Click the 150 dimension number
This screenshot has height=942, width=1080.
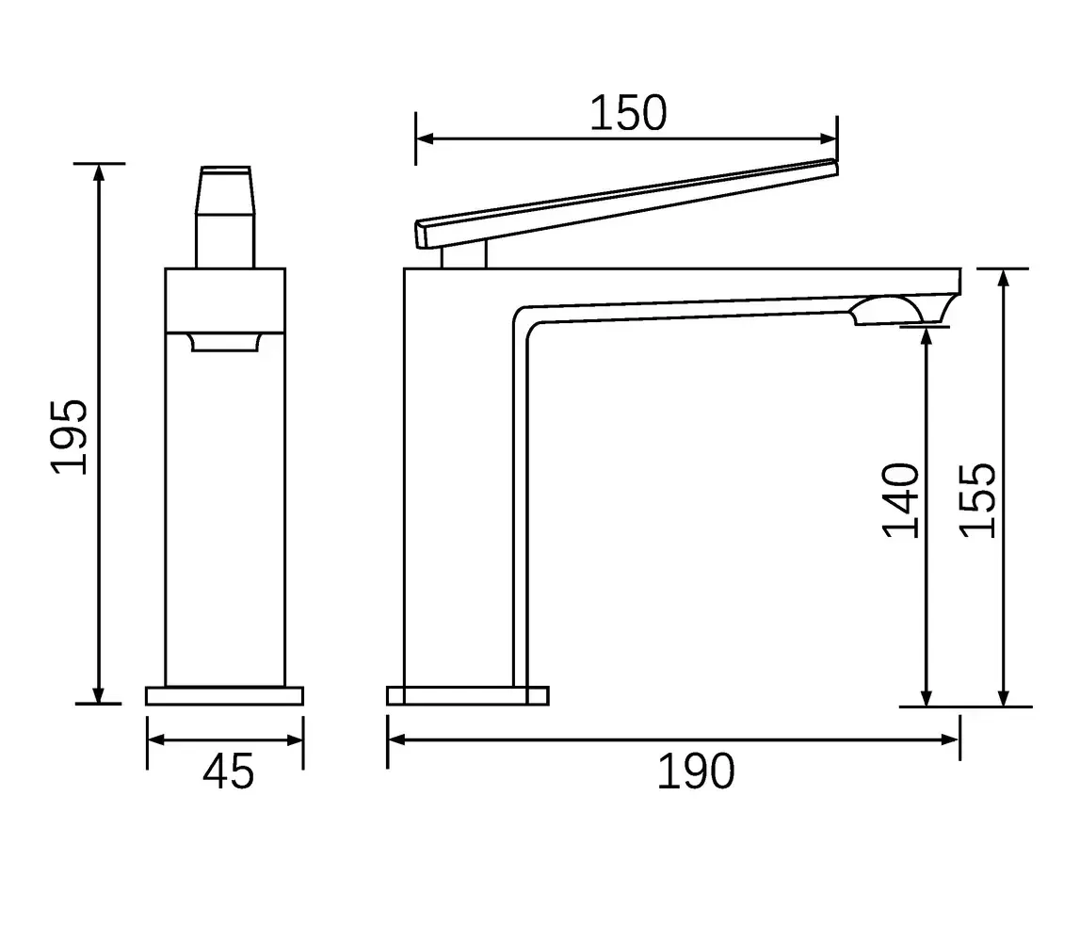628,113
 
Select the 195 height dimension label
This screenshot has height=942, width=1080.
71,436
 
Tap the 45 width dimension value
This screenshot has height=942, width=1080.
229,772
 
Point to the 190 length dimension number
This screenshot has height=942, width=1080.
695,772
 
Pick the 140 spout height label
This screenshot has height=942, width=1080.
901,500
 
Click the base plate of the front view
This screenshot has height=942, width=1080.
225,696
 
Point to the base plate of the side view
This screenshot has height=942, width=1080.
467,696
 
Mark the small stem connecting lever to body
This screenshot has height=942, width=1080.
464,254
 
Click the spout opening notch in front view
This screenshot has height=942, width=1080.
225,342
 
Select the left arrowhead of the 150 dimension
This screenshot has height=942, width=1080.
423,139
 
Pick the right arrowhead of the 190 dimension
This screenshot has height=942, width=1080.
953,739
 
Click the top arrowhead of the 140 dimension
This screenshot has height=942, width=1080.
927,334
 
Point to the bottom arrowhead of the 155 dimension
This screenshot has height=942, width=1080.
1005,699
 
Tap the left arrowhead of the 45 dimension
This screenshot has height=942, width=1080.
154,740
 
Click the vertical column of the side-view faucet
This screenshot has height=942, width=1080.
459,490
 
